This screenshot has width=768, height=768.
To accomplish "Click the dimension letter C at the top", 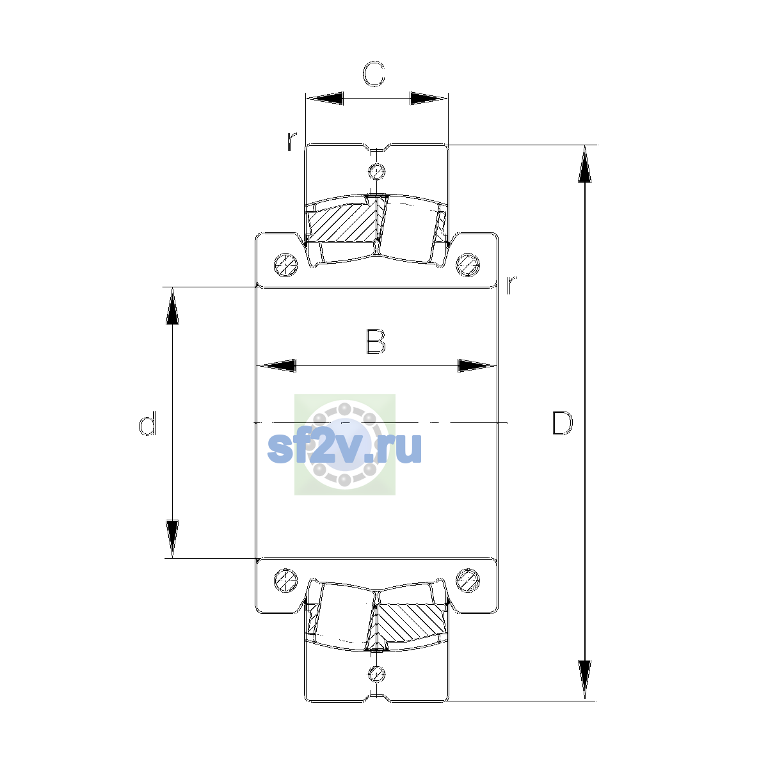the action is [373, 74].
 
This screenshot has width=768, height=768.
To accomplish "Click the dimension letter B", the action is [376, 342].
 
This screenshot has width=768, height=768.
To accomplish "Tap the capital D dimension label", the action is [562, 422].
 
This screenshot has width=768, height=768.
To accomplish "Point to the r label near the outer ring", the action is [292, 141].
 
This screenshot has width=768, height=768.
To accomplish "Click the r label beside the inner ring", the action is [511, 284].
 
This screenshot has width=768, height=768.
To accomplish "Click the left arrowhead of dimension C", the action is [325, 98].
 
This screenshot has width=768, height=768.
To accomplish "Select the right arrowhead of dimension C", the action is [429, 98].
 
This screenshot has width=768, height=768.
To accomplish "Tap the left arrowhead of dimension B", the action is [277, 365].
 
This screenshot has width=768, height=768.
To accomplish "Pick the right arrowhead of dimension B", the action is [477, 365].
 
